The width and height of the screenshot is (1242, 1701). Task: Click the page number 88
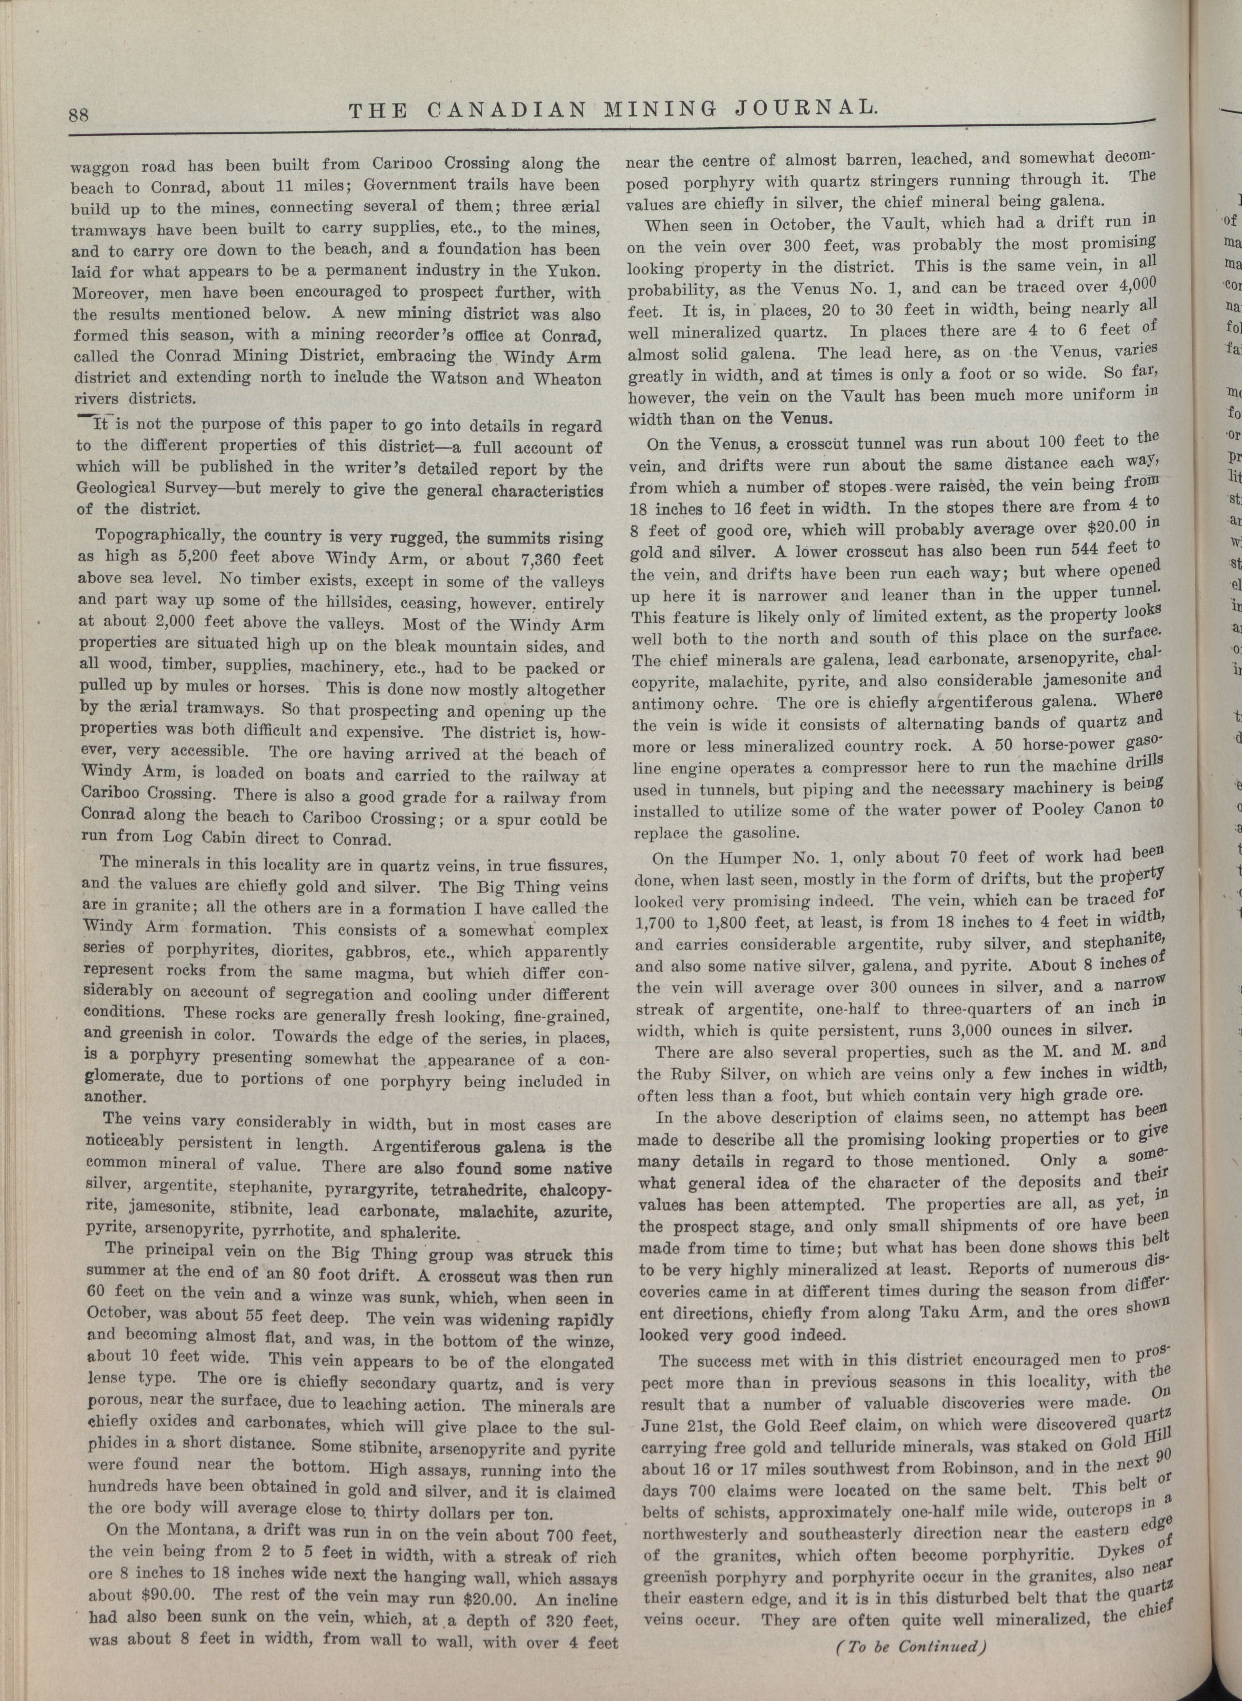coord(79,114)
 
